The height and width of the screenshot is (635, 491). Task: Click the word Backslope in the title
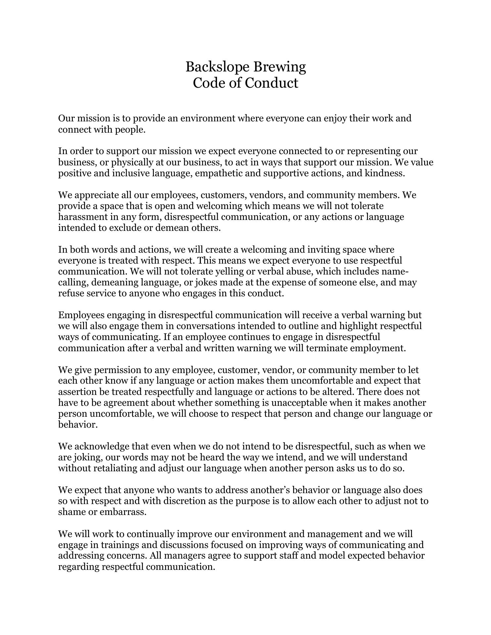(217, 67)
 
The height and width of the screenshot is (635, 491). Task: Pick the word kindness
(384, 173)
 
